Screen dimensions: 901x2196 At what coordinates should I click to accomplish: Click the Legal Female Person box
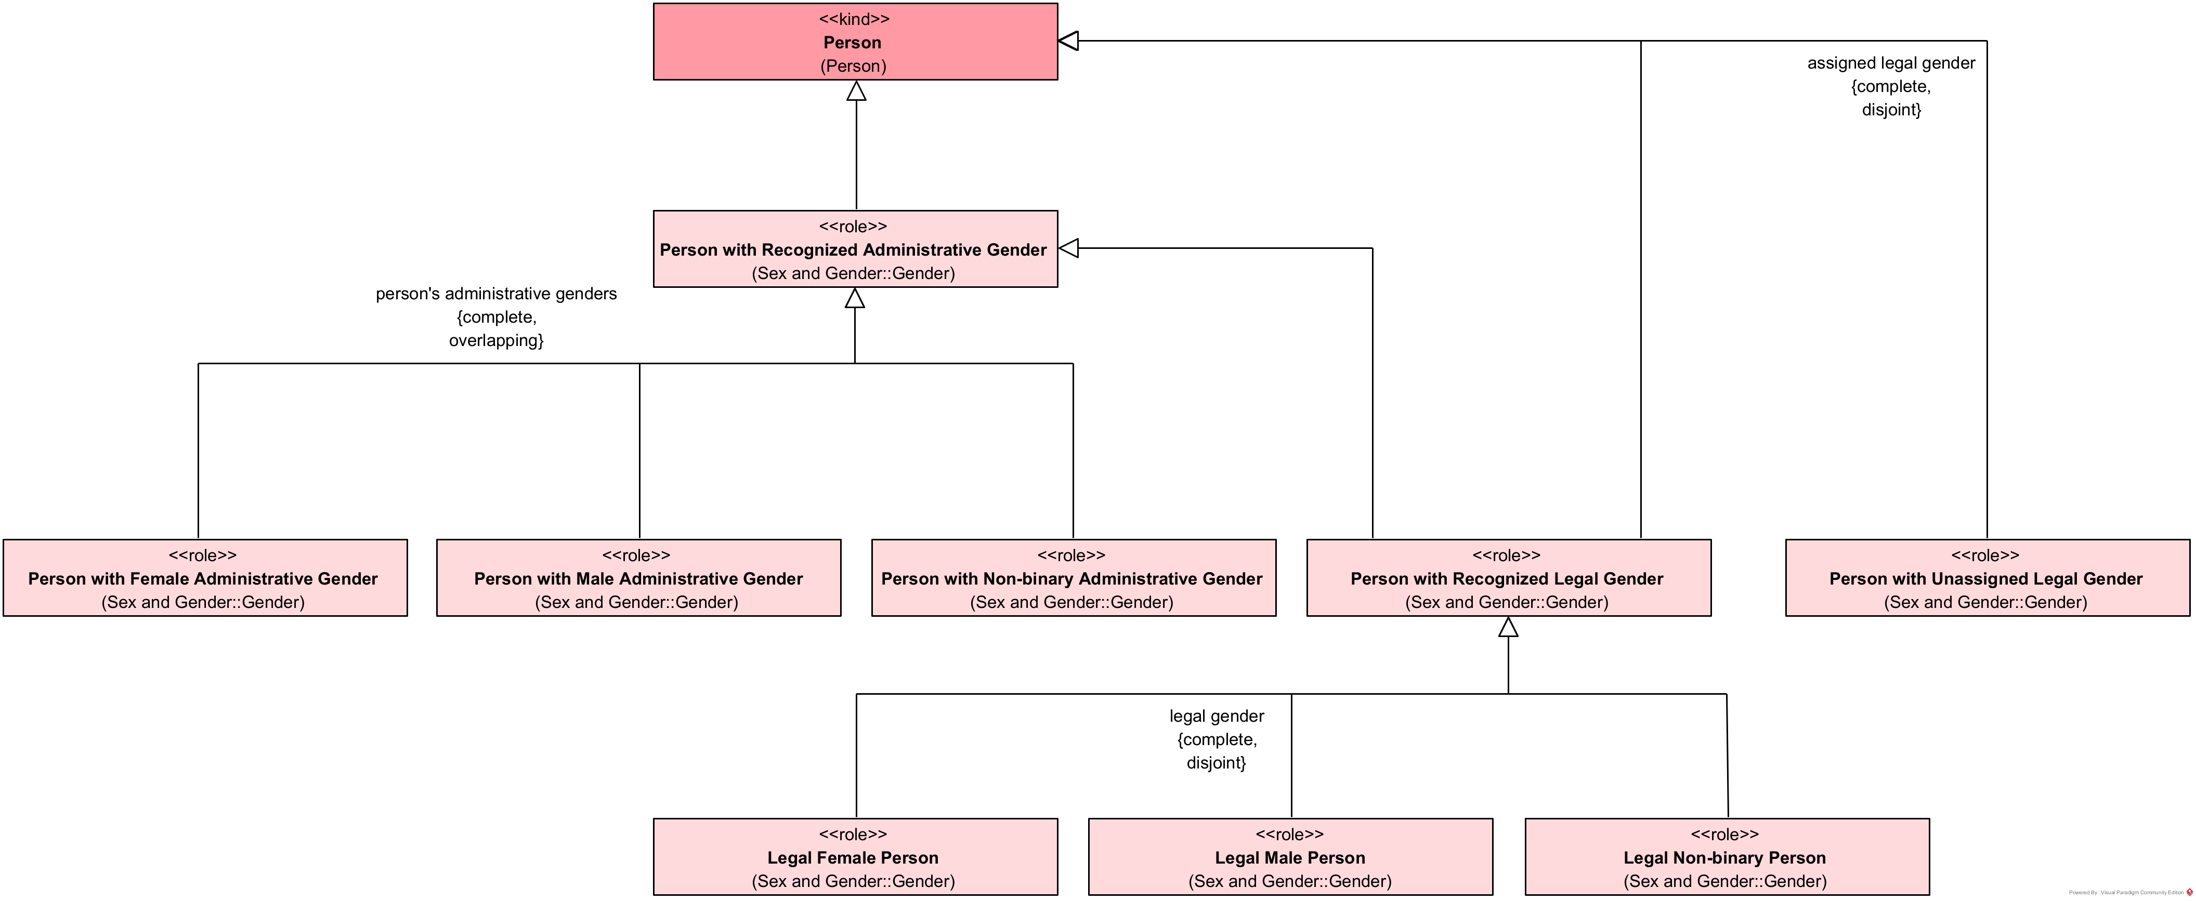[855, 857]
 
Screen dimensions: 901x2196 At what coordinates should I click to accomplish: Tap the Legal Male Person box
[1291, 857]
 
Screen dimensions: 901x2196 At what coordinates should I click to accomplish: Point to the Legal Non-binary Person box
[1726, 857]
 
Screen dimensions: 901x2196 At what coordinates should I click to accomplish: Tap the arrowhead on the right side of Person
[1069, 40]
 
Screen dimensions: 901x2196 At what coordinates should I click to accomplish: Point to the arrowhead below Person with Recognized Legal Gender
[1508, 627]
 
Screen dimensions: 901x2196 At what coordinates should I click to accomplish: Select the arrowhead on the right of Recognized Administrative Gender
[1069, 248]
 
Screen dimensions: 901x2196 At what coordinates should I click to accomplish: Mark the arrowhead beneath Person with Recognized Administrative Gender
[855, 298]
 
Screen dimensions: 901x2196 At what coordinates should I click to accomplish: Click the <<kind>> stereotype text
[854, 19]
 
